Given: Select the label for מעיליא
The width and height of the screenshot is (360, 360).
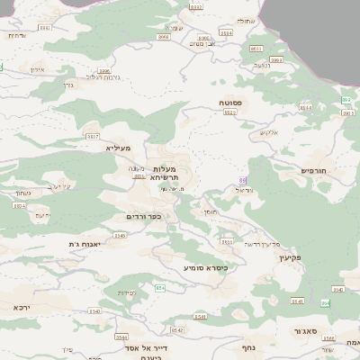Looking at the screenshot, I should point(118,148).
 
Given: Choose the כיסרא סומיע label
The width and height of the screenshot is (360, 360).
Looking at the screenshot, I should point(205,267).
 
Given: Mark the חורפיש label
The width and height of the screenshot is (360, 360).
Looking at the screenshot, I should point(314,169).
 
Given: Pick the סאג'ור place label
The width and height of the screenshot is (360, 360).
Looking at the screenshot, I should point(306,331).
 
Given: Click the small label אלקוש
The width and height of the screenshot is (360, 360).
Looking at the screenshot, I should point(271,133).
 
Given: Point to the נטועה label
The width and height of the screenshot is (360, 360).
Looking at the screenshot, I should point(262,65).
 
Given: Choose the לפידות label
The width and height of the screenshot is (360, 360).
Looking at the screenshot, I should point(127,292).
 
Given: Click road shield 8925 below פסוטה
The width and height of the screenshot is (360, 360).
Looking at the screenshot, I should point(229,113).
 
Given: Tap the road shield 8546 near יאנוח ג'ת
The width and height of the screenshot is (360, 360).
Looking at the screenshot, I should point(19,206).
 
